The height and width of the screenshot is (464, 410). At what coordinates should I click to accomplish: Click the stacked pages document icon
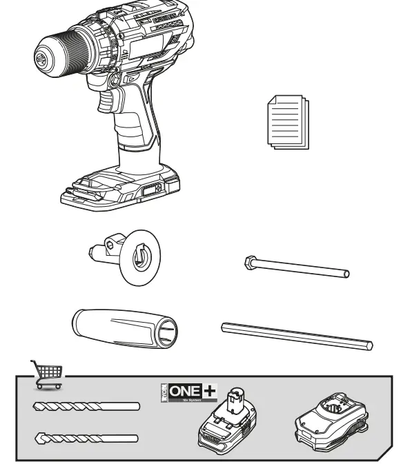287,122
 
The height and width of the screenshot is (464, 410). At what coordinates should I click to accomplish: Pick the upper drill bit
87,407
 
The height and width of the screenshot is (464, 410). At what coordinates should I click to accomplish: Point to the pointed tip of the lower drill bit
38,437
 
